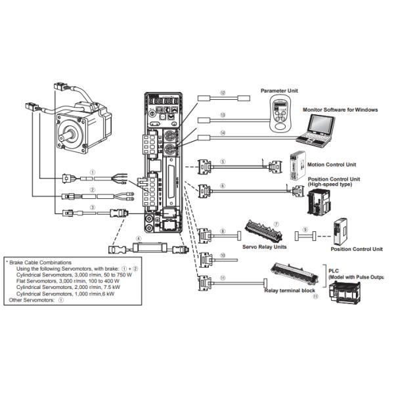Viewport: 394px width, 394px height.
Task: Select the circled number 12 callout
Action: click(x=223, y=93)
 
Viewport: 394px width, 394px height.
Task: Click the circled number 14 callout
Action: click(x=223, y=132)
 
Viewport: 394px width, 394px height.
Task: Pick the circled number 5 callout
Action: click(x=223, y=160)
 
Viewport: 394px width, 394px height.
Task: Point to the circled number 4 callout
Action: click(x=139, y=238)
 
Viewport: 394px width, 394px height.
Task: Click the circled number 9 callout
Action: click(x=304, y=229)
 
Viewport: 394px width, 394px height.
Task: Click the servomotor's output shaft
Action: click(x=66, y=129)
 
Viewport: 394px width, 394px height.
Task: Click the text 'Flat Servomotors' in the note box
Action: click(x=35, y=280)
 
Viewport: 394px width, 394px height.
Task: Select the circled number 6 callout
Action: click(x=223, y=186)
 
